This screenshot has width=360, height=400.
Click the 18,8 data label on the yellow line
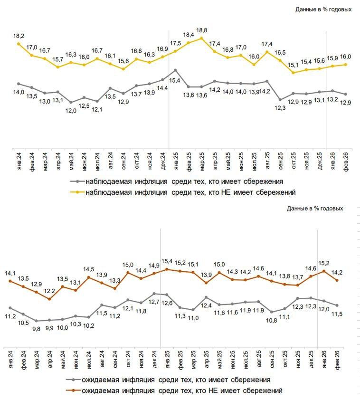pyautogui.click(x=202, y=30)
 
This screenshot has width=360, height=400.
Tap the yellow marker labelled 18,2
pyautogui.click(x=19, y=44)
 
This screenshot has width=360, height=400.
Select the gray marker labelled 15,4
pyautogui.click(x=176, y=70)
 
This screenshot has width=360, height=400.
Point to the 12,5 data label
pyautogui.click(x=84, y=105)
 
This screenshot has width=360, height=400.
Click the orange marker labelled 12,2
pyautogui.click(x=49, y=299)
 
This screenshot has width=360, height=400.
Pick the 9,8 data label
pyautogui.click(x=36, y=328)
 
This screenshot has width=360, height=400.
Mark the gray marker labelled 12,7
pyautogui.click(x=154, y=294)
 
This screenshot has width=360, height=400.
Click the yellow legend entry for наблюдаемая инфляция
pyautogui.click(x=190, y=192)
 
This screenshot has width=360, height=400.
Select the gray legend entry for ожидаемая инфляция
pyautogui.click(x=176, y=380)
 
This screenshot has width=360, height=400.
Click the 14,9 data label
pyautogui.click(x=154, y=265)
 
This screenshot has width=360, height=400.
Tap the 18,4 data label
pyautogui.click(x=189, y=35)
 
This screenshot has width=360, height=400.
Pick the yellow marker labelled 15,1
pyautogui.click(x=294, y=73)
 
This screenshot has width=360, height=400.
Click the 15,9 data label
pyautogui.click(x=332, y=58)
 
